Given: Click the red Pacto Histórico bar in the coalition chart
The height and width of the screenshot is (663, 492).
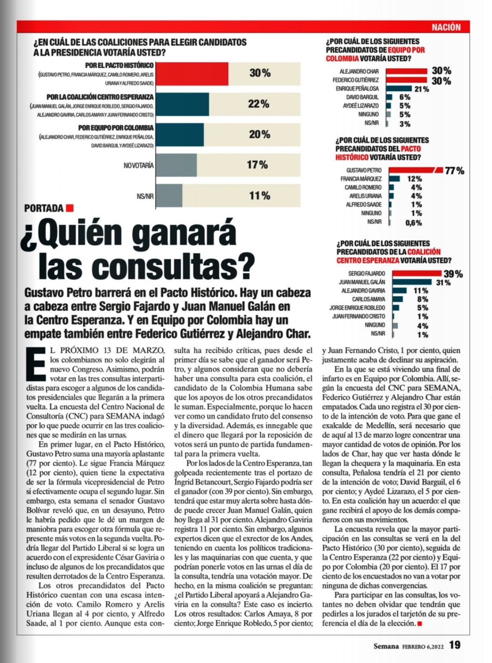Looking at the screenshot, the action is pyautogui.click(x=192, y=74).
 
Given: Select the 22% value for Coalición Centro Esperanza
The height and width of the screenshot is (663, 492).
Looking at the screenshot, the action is pyautogui.click(x=259, y=104).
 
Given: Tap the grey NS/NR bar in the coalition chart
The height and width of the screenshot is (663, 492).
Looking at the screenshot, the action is pyautogui.click(x=169, y=196).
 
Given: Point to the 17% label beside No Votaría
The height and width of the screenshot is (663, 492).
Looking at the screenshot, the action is pyautogui.click(x=257, y=165).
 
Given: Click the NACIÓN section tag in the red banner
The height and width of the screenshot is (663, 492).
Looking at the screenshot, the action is pyautogui.click(x=446, y=27).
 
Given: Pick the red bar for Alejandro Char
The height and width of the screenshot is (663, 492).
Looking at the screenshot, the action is pyautogui.click(x=407, y=71).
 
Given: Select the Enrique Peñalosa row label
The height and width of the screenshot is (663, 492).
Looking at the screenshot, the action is pyautogui.click(x=357, y=89).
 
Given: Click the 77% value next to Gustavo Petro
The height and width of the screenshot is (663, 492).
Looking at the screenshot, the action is pyautogui.click(x=454, y=171).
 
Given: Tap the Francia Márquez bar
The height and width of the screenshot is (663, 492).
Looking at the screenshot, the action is pyautogui.click(x=394, y=179).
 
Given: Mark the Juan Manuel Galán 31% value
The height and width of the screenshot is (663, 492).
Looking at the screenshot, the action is pyautogui.click(x=443, y=282).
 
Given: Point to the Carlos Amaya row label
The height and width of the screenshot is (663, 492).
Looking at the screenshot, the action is pyautogui.click(x=368, y=299).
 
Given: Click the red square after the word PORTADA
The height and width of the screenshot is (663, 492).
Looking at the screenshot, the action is pyautogui.click(x=70, y=208).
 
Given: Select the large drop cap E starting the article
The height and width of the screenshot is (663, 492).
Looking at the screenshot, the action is pyautogui.click(x=37, y=364).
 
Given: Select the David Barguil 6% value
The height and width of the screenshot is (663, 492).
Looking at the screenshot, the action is pyautogui.click(x=405, y=97).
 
